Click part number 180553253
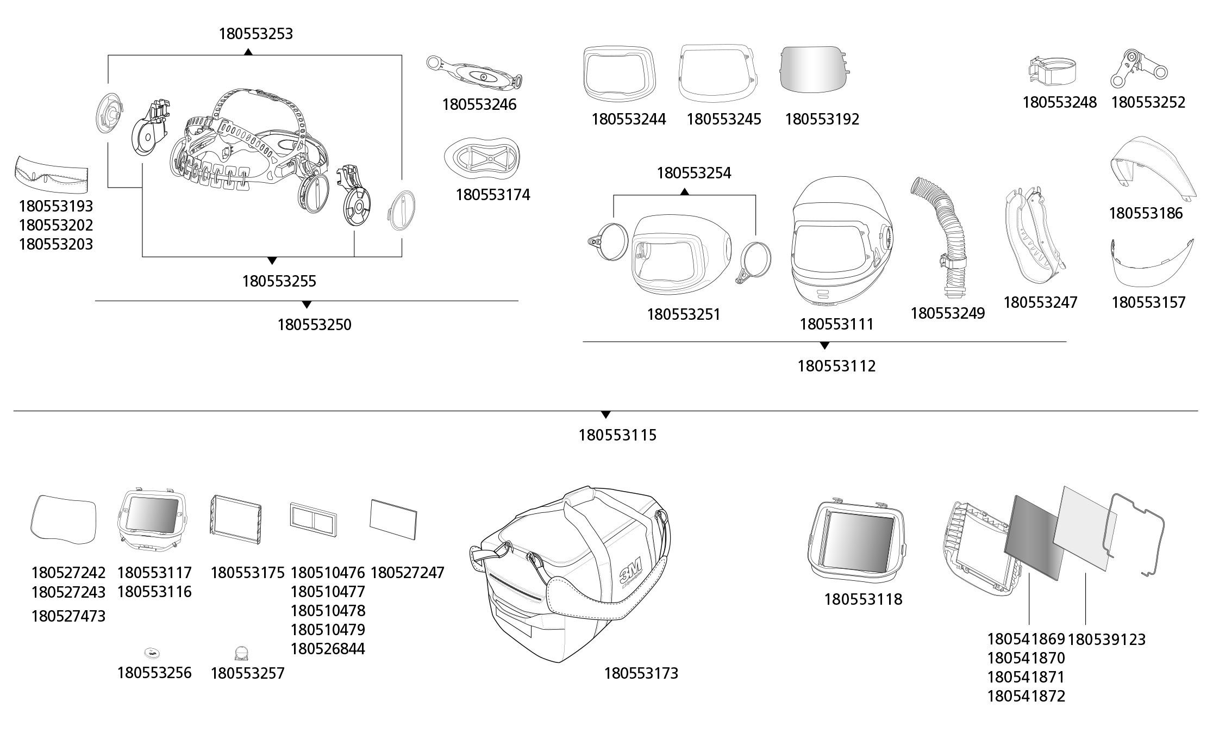[x=255, y=34]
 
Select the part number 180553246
[x=479, y=104]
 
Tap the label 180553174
[x=492, y=195]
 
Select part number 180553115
[x=617, y=435]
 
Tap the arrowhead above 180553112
[x=824, y=345]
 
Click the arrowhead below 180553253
[x=248, y=52]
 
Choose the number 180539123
[x=1106, y=640]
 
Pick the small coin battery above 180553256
[x=153, y=653]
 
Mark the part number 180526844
[x=328, y=649]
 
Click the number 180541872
[x=1026, y=696]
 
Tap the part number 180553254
[x=694, y=173]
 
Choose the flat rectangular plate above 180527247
[x=393, y=519]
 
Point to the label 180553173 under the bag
[x=641, y=674]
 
